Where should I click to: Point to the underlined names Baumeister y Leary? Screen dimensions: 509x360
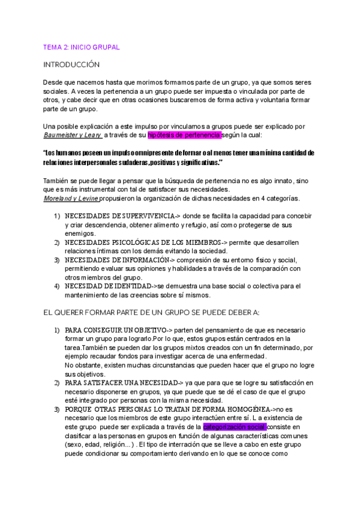[72, 135]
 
